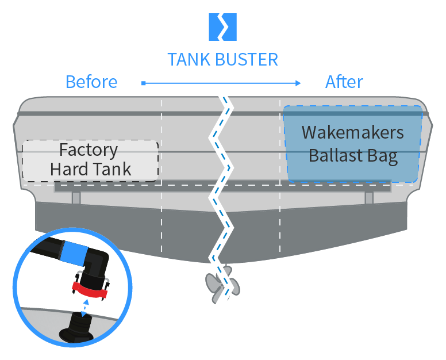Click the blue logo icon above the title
[x=222, y=26]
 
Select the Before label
[x=91, y=82]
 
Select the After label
[x=344, y=82]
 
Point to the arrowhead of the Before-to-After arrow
[x=298, y=83]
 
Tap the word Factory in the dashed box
[x=89, y=150]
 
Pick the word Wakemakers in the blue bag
[x=352, y=133]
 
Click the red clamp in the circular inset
[x=90, y=289]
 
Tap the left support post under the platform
[x=76, y=197]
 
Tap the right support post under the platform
[x=369, y=197]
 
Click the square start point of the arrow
[x=143, y=83]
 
